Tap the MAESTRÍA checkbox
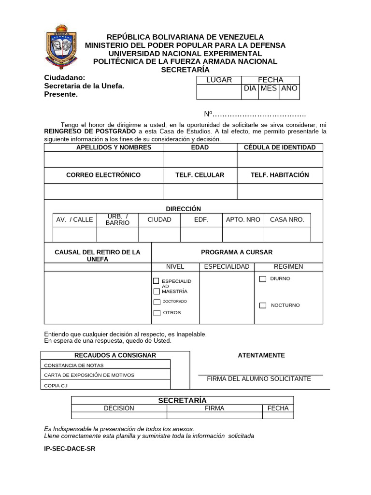coord(157,291)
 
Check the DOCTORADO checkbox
coord(157,302)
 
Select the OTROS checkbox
coord(157,313)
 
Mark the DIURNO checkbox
coord(263,279)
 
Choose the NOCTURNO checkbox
coord(263,306)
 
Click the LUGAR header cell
coord(219,80)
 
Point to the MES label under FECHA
coord(269,88)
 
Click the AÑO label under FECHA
coord(289,88)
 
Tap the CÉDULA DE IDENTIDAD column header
coord(280,147)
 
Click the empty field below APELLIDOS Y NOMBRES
coord(103,160)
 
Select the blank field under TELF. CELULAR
coord(200,191)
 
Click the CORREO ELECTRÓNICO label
coord(103,175)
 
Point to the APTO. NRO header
coord(243,219)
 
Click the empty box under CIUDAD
coord(159,234)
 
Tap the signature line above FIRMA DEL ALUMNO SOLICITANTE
coord(260,374)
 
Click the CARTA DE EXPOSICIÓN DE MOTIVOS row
coord(107,375)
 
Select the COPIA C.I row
coord(107,385)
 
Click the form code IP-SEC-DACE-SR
coord(70,449)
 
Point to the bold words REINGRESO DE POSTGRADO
coord(90,131)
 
